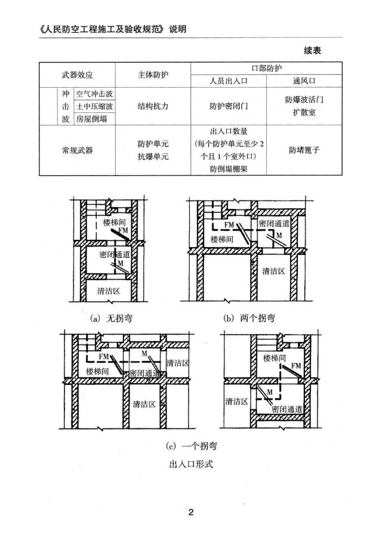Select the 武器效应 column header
[78, 76]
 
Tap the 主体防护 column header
[153, 76]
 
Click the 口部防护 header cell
[267, 69]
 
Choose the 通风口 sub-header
[304, 82]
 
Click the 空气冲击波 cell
[95, 94]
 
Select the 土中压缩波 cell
[95, 106]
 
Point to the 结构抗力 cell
[153, 106]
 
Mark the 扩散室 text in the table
[304, 113]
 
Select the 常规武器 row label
[78, 150]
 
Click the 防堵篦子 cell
[304, 150]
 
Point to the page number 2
[190, 512]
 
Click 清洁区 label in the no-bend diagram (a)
[109, 291]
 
